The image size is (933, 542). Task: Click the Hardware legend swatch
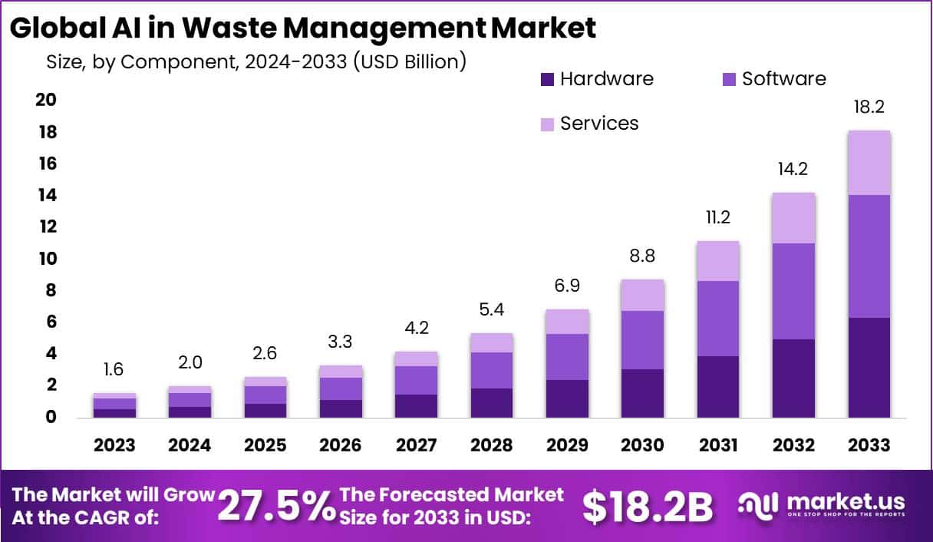(x=548, y=79)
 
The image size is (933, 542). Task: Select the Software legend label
(x=783, y=79)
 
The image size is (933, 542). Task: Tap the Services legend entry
(x=598, y=124)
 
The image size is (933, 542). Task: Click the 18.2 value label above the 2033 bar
(x=869, y=107)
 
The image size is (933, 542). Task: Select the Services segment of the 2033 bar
(x=869, y=163)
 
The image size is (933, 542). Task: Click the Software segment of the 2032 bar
(x=794, y=291)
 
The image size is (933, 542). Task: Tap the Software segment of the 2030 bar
(x=643, y=339)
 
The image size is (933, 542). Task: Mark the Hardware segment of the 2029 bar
(x=567, y=398)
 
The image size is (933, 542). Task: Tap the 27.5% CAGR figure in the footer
(x=276, y=505)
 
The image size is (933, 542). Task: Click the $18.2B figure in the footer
(x=648, y=506)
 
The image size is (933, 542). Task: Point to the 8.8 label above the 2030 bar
(x=643, y=256)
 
